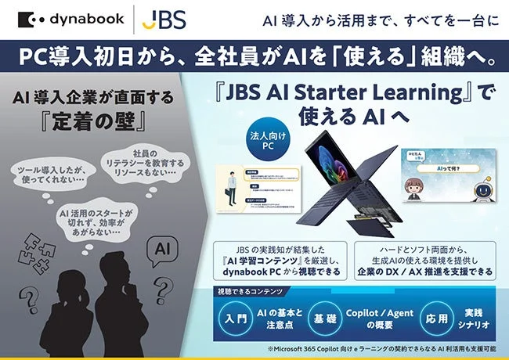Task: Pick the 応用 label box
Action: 416,319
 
